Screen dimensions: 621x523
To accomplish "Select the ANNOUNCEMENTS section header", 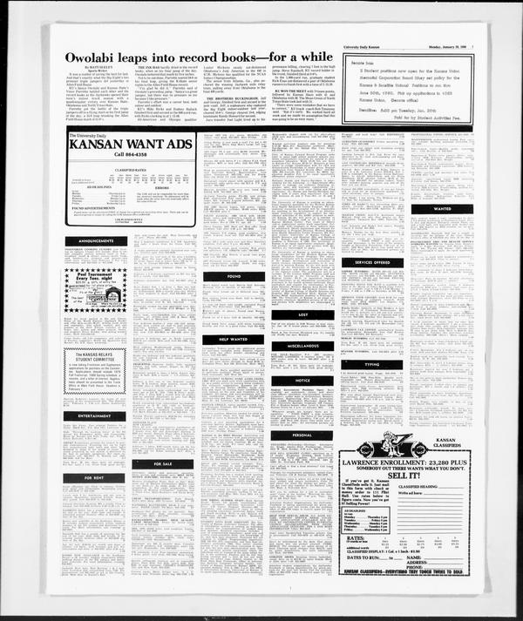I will tap(95, 240).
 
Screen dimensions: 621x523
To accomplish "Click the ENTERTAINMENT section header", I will tap(95, 416).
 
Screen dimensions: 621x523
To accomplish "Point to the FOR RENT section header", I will tap(95, 477).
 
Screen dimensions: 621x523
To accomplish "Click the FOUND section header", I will tap(234, 276).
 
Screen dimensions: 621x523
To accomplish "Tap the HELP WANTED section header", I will tap(234, 339).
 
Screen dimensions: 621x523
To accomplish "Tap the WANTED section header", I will tap(442, 209).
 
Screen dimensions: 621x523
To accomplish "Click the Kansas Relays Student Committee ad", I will tap(95, 371).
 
